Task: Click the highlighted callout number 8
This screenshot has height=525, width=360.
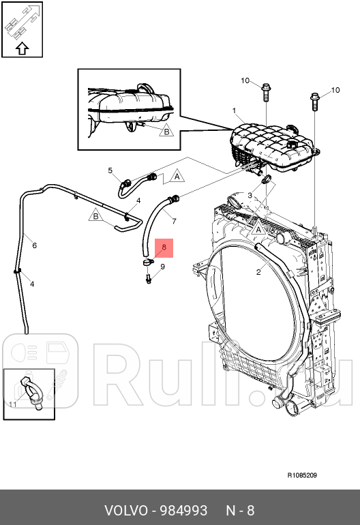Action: [x=164, y=247]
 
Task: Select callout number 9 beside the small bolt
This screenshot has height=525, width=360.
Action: [x=163, y=267]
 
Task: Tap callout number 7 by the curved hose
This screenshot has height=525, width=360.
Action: [x=174, y=222]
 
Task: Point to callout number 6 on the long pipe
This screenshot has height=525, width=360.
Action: [x=35, y=245]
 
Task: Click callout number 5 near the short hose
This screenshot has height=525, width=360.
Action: [x=110, y=170]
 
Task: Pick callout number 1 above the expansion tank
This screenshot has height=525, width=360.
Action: [x=235, y=110]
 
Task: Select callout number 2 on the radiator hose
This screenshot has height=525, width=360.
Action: [x=258, y=272]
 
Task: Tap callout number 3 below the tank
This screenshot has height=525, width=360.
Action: [x=250, y=195]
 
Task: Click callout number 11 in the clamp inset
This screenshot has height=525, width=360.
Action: [x=13, y=404]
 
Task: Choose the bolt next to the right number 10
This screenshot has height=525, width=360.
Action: [x=315, y=102]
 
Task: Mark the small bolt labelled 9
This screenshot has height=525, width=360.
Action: [x=149, y=279]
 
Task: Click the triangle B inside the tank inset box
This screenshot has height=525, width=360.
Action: [x=166, y=131]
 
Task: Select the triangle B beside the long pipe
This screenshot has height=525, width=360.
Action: [x=95, y=215]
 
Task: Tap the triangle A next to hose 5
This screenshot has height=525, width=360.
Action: [x=177, y=176]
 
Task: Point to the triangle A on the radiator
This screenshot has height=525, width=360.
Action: [x=258, y=229]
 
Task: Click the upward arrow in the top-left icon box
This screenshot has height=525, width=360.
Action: [x=22, y=48]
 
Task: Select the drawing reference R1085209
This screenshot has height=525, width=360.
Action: [x=302, y=475]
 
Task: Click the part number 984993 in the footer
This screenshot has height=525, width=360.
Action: [x=183, y=511]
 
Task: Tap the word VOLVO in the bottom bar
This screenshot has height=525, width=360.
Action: [x=126, y=511]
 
